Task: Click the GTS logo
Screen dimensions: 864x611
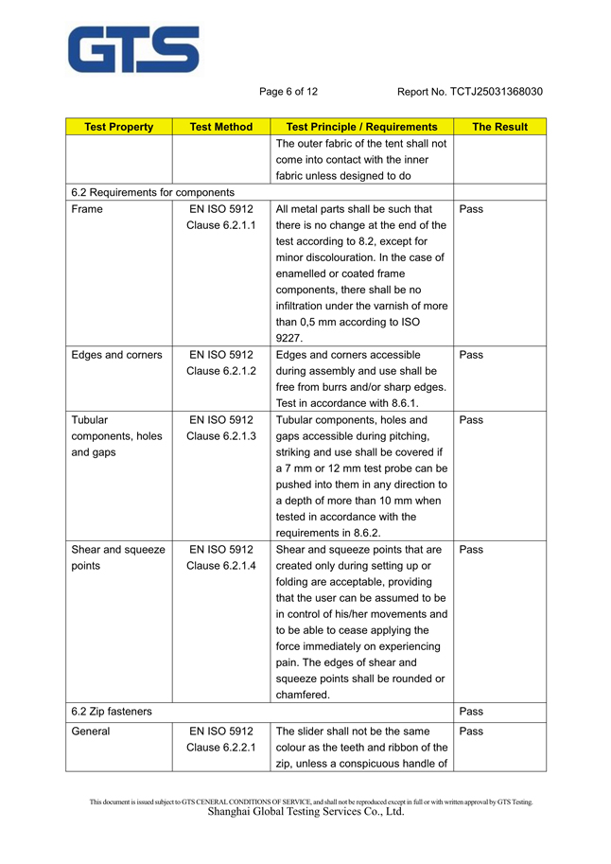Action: pyautogui.click(x=133, y=49)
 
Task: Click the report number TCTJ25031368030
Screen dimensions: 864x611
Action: pyautogui.click(x=470, y=92)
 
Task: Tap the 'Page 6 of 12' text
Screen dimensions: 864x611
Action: pyautogui.click(x=288, y=92)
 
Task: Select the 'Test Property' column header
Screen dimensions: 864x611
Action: pyautogui.click(x=119, y=127)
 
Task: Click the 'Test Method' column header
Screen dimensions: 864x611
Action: pyautogui.click(x=221, y=127)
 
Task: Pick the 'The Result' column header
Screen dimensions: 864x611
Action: pyautogui.click(x=499, y=127)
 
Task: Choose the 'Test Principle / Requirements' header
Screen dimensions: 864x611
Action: pyautogui.click(x=361, y=127)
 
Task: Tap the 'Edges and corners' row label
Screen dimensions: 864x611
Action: pyautogui.click(x=116, y=355)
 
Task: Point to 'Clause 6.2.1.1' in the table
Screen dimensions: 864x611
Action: pyautogui.click(x=221, y=225)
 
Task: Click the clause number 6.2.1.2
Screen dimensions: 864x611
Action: pyautogui.click(x=221, y=371)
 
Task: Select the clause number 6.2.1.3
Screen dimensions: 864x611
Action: pyautogui.click(x=221, y=436)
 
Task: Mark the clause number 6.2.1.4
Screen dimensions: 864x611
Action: pyautogui.click(x=221, y=565)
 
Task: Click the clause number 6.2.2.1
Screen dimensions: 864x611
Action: pyautogui.click(x=221, y=748)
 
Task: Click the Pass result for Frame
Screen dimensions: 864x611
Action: pyautogui.click(x=471, y=208)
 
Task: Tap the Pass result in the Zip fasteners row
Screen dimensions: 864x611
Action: pyautogui.click(x=471, y=711)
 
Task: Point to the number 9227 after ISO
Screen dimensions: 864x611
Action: pyautogui.click(x=288, y=338)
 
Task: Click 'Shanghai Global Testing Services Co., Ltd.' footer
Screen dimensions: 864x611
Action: pyautogui.click(x=305, y=812)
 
